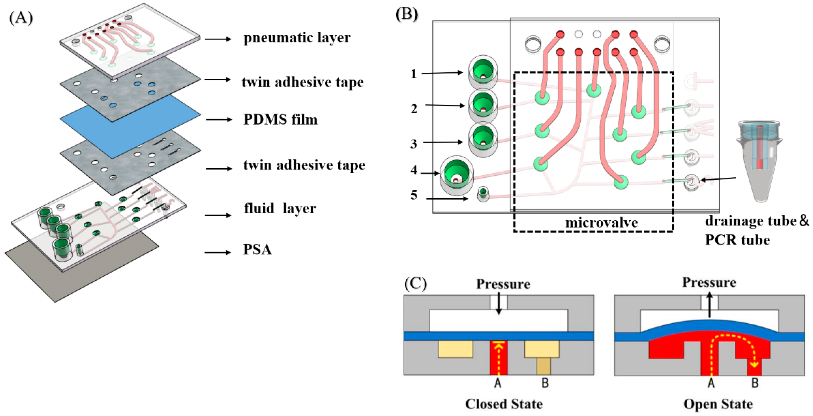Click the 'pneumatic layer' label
(x=297, y=38)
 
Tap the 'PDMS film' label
(x=280, y=120)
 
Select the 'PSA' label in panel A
(x=257, y=249)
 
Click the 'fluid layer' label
(x=280, y=208)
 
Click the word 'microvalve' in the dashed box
(x=601, y=223)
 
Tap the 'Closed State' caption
(x=504, y=404)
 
